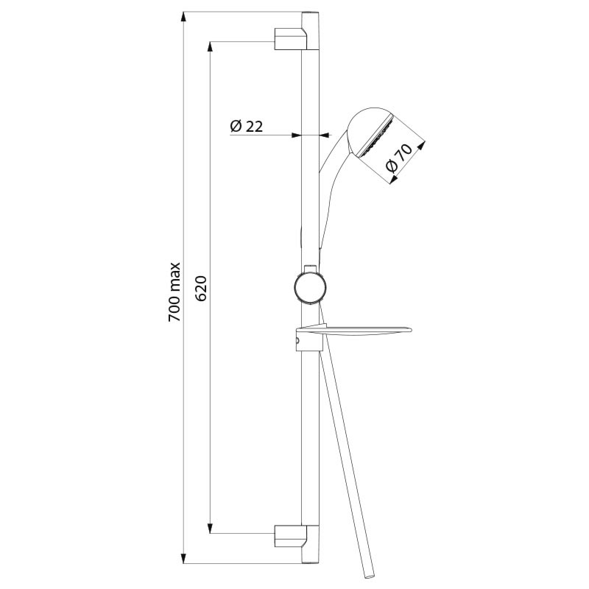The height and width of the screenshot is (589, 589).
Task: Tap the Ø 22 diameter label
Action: click(x=247, y=126)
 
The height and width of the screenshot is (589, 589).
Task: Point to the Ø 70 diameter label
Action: click(x=401, y=158)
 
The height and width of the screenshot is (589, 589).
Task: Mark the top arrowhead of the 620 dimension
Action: click(x=211, y=44)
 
